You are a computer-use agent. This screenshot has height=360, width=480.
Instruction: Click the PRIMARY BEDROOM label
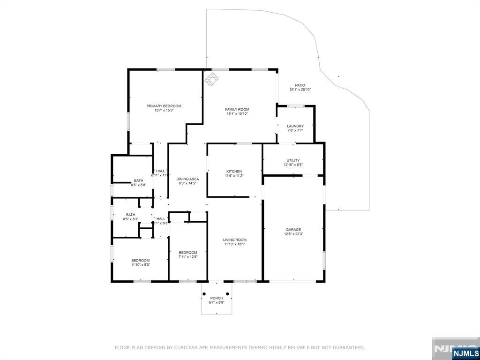point(164,106)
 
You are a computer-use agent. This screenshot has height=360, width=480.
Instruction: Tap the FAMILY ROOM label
point(237,109)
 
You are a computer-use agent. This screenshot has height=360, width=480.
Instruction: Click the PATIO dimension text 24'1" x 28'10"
point(300,90)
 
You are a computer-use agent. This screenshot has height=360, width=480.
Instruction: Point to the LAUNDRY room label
point(295,126)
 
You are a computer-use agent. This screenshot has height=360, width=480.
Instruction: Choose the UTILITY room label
point(293,160)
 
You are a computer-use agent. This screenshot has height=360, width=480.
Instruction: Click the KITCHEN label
point(234,171)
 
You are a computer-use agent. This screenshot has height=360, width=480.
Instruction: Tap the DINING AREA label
point(187,179)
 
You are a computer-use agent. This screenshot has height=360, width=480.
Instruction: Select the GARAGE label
point(293,230)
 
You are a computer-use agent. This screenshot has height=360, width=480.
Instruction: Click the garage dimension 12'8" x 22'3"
point(293,234)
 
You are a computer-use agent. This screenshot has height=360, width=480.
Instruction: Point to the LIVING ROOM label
point(235,240)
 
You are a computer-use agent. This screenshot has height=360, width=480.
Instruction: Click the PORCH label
point(216,298)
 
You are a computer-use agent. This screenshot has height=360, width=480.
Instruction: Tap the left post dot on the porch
point(204,294)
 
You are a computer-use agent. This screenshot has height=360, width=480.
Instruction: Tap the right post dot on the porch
point(228,294)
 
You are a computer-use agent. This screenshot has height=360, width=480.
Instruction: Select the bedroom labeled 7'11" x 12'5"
point(188,255)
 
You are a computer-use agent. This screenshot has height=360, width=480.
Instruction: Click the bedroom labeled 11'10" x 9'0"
point(140,262)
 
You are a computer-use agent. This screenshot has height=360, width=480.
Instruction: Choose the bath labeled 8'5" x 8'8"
point(138,183)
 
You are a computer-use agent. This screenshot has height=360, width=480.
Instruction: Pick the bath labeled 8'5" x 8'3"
point(130,217)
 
